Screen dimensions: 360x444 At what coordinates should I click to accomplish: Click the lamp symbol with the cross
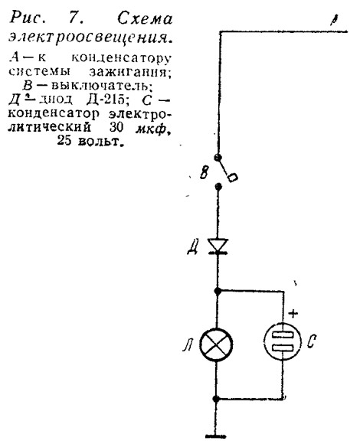coord(216,344)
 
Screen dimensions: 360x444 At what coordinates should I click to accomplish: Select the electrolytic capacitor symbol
coord(283,341)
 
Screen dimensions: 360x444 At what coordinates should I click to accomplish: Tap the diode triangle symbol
coord(218,246)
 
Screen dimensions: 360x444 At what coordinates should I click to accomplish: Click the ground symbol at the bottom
coord(215,436)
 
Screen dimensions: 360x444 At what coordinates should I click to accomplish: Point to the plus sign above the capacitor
coord(293,313)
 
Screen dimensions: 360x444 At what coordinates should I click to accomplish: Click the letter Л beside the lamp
coord(188,345)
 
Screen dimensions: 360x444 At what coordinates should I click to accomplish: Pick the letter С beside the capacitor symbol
coord(311,341)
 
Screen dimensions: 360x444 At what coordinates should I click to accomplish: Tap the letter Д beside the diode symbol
coord(192,247)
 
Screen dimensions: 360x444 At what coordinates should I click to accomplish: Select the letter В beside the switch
coord(205,171)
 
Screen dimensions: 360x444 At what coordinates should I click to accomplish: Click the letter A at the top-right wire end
coord(335,20)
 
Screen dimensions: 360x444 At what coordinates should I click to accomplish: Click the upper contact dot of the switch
coord(218,157)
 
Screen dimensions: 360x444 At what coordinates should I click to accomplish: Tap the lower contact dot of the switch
coord(218,186)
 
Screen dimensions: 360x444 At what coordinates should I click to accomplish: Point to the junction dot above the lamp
coord(218,291)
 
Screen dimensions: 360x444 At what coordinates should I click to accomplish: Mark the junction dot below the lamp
coord(216,399)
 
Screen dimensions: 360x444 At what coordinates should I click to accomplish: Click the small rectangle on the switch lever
coord(233,178)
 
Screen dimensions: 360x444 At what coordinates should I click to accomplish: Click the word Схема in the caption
coord(145,18)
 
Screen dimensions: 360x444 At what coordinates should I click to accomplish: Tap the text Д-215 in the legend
coord(106,100)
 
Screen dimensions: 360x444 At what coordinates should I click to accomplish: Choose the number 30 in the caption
coord(116,127)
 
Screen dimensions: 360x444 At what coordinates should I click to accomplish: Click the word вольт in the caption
coord(100,140)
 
